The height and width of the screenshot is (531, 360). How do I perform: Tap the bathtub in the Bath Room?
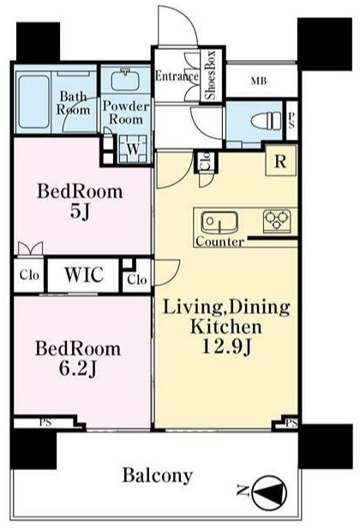pyautogui.click(x=33, y=102)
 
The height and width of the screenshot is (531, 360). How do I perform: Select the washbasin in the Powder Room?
pyautogui.click(x=125, y=80)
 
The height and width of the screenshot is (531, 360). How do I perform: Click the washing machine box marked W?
pyautogui.click(x=133, y=149)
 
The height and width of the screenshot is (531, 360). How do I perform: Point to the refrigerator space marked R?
pyautogui.click(x=280, y=161)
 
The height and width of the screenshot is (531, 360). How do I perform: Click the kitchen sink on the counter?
pyautogui.click(x=219, y=223)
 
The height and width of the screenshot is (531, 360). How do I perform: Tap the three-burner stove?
pyautogui.click(x=278, y=221)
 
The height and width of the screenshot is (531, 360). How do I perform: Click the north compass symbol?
pyautogui.click(x=270, y=492)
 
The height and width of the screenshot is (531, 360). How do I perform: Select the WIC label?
pyautogui.click(x=84, y=274)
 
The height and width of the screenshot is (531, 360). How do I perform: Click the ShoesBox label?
pyautogui.click(x=210, y=75)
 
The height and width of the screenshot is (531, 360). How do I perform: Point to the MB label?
pyautogui.click(x=259, y=81)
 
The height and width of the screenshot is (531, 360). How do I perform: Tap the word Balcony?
pyautogui.click(x=158, y=476)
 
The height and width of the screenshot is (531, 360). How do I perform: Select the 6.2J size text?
pyautogui.click(x=78, y=369)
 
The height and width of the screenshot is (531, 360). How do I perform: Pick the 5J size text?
pyautogui.click(x=80, y=212)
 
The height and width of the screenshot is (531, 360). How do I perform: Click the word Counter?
pyautogui.click(x=219, y=242)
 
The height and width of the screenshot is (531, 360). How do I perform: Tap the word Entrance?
pyautogui.click(x=177, y=76)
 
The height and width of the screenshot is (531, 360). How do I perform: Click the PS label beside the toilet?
pyautogui.click(x=291, y=121)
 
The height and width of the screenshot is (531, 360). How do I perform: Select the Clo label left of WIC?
pyautogui.click(x=29, y=275)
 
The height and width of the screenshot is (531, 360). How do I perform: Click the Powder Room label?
pyautogui.click(x=126, y=113)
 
